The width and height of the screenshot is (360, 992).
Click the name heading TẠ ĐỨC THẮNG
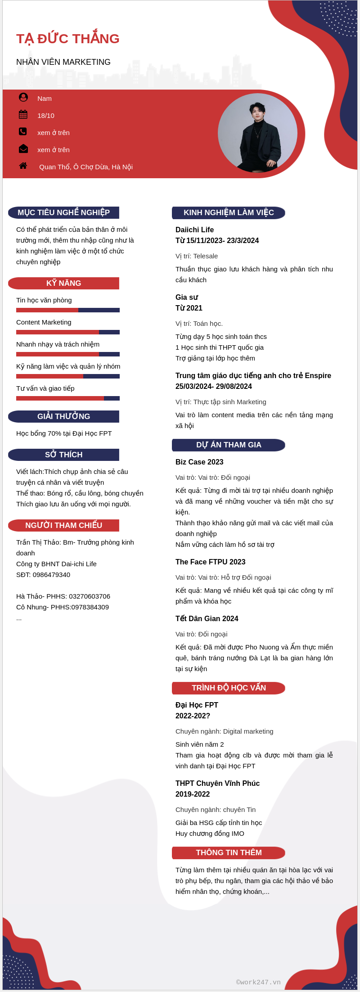[68, 39]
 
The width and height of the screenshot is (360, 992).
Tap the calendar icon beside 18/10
[23, 115]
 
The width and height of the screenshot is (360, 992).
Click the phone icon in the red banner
[23, 131]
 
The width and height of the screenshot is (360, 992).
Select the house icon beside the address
[23, 166]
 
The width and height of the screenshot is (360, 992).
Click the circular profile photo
[257, 133]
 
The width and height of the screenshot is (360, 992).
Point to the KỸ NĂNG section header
[63, 283]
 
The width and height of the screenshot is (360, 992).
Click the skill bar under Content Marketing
[68, 332]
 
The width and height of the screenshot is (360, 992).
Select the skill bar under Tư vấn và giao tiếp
[68, 398]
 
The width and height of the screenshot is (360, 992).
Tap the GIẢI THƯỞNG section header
[63, 416]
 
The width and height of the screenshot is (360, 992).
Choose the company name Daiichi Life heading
[194, 230]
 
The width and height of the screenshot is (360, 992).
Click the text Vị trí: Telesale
[197, 256]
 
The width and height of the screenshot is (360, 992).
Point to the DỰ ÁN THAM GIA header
[229, 445]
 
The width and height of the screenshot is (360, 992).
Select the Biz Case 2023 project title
[199, 462]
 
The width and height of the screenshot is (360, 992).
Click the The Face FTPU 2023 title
[210, 562]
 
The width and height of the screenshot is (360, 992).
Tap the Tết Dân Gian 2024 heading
[207, 618]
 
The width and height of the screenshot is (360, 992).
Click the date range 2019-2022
[193, 794]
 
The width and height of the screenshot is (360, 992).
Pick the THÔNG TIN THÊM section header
[229, 852]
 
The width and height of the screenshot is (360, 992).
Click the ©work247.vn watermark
[258, 982]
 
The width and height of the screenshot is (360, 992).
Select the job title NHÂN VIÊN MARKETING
[63, 62]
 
